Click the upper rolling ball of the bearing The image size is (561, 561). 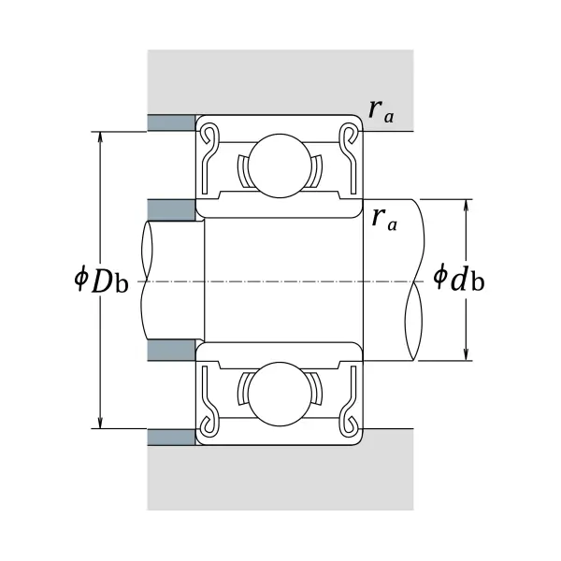[280, 166]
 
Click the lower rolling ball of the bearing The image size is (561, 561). [280, 394]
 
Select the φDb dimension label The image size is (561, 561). [101, 280]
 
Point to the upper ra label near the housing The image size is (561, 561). [381, 111]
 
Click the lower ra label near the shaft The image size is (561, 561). [384, 219]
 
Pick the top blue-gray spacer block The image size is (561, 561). [171, 122]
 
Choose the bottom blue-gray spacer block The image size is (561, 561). [171, 438]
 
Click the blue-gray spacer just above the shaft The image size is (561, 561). [171, 210]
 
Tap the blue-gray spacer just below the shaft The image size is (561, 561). [171, 350]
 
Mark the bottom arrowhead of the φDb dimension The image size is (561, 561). [101, 423]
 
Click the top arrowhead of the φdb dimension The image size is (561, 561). [466, 205]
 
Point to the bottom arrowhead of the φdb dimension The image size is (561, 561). [466, 355]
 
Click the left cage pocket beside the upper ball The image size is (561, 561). [243, 171]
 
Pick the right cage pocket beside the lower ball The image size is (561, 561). [316, 389]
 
